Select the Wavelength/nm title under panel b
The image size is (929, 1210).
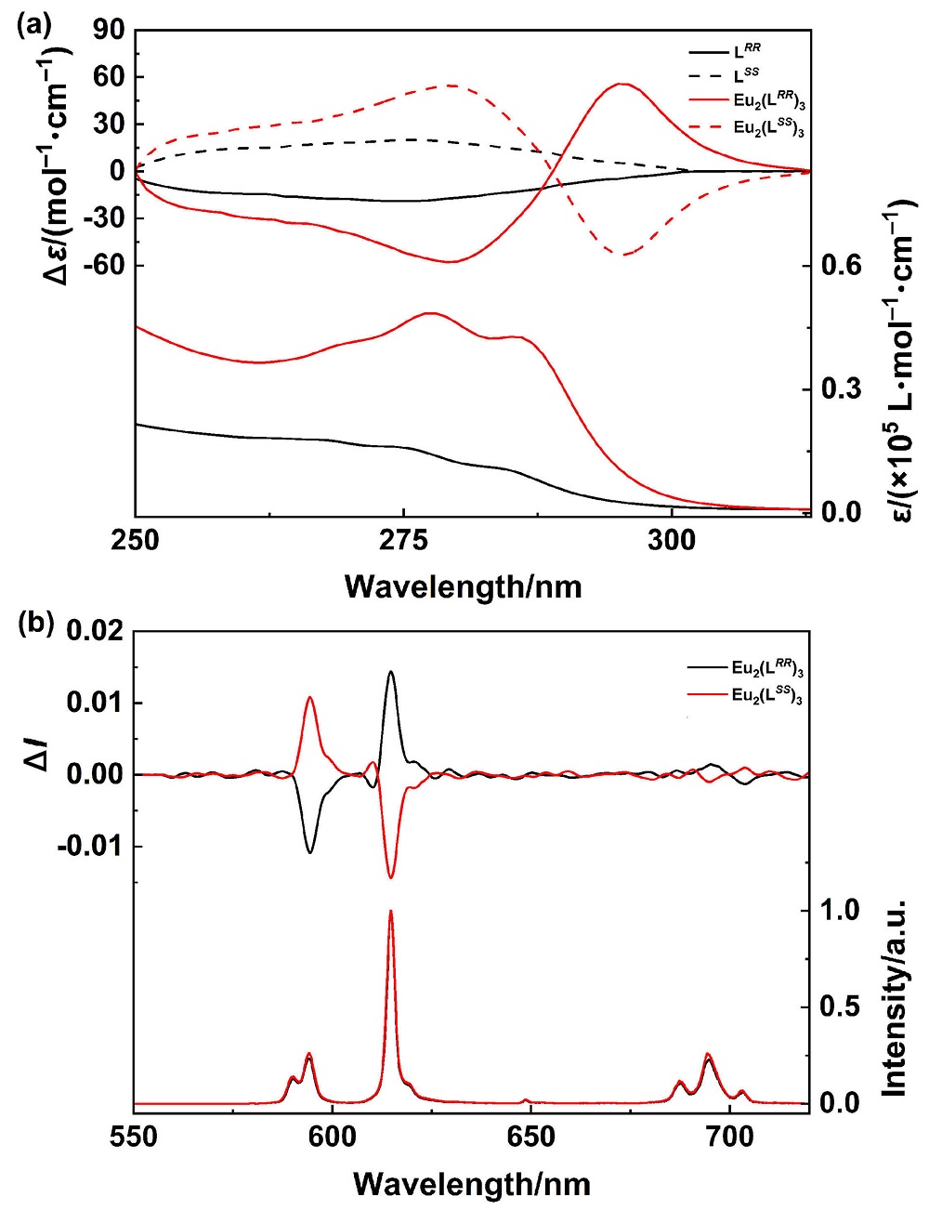point(471,1183)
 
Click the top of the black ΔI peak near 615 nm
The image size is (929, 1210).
point(390,672)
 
